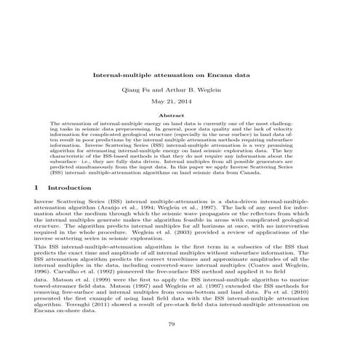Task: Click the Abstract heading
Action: pyautogui.click(x=180, y=115)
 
